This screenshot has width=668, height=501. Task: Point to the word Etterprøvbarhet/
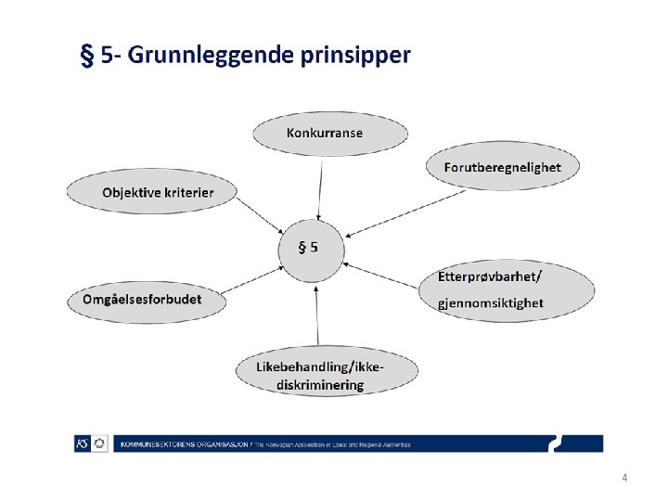point(489,276)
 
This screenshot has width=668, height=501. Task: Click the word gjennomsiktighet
point(491,302)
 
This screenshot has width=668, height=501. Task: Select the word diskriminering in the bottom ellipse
point(321,386)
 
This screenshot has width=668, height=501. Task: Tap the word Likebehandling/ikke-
point(321,367)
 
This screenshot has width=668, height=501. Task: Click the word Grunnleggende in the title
point(211,56)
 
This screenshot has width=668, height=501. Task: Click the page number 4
point(624,478)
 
